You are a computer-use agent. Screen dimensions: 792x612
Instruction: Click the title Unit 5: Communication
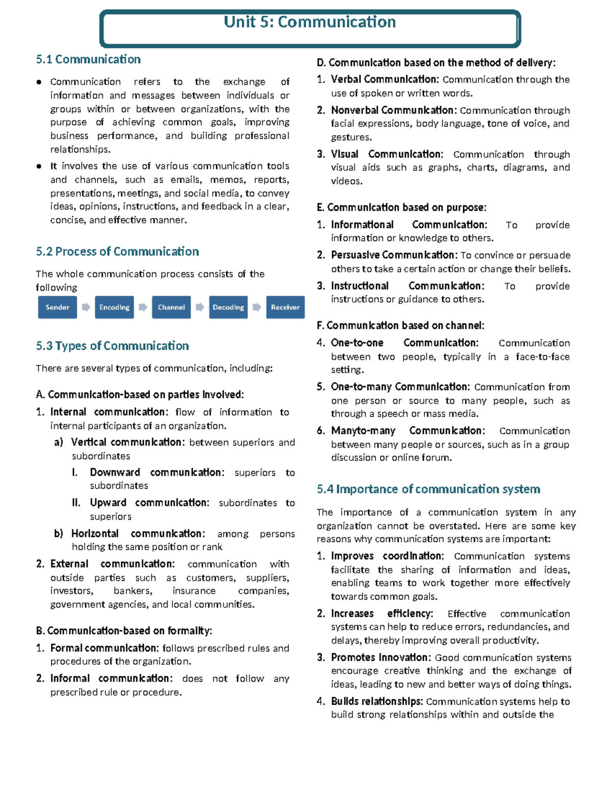coord(310,22)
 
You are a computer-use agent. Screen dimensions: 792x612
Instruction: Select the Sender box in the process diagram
coord(57,308)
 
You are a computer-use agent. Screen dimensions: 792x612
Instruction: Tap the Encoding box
coord(114,308)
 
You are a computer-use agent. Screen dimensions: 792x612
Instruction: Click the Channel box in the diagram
coord(171,308)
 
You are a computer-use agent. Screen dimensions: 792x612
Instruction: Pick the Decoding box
coord(228,308)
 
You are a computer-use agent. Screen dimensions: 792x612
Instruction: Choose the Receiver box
coord(285,308)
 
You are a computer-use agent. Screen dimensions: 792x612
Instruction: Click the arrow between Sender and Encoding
coord(86,307)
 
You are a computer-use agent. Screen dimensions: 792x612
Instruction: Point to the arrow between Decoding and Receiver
coord(257,307)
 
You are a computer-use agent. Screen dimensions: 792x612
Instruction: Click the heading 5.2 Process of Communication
coord(117,252)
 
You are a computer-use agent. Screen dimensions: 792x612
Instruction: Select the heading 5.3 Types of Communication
coord(112,346)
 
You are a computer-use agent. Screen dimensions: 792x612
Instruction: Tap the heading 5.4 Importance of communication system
coord(428,490)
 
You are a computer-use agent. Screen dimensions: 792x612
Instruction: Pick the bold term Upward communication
coord(149,503)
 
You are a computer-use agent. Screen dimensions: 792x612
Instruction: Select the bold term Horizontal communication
coord(138,534)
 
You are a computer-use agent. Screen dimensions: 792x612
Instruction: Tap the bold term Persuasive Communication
coord(394,255)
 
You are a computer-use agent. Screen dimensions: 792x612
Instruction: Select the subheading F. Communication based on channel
coord(400,326)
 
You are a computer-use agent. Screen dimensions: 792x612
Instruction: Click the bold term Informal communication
coord(111,679)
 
